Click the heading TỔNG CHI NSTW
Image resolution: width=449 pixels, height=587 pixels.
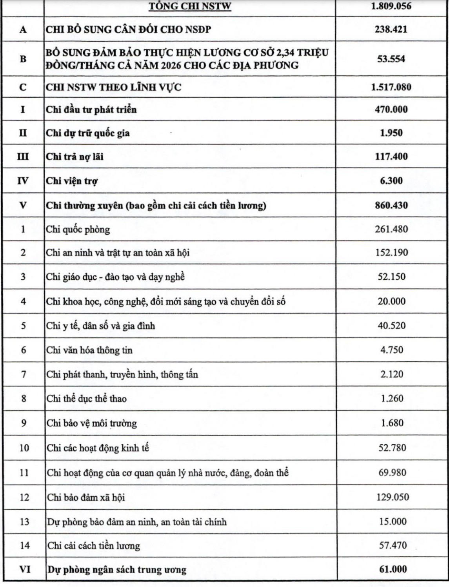(190, 6)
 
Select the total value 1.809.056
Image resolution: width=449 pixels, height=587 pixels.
(391, 6)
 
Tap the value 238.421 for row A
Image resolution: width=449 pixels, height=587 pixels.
(391, 29)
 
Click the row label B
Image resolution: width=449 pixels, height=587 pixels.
(23, 59)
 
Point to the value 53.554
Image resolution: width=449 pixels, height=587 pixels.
(391, 59)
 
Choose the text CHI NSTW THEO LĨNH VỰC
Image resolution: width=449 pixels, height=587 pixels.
(114, 87)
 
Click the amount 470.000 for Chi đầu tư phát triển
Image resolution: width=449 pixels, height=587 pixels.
(391, 109)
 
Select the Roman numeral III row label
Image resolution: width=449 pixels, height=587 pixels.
(23, 157)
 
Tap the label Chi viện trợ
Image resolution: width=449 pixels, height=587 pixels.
(72, 181)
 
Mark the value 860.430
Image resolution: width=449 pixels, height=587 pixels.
(391, 205)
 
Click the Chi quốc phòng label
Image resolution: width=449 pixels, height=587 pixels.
(78, 229)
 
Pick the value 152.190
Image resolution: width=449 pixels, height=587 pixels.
(391, 252)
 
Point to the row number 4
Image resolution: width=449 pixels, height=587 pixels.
(24, 301)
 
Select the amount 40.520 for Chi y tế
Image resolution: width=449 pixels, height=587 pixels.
(392, 326)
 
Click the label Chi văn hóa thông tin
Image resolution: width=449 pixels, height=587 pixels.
(89, 350)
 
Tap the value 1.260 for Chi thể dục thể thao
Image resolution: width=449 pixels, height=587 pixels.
(392, 399)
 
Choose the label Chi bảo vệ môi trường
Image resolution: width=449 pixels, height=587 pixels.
(92, 423)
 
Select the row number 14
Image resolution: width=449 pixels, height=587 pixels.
(24, 545)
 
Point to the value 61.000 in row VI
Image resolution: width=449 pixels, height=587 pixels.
(393, 569)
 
